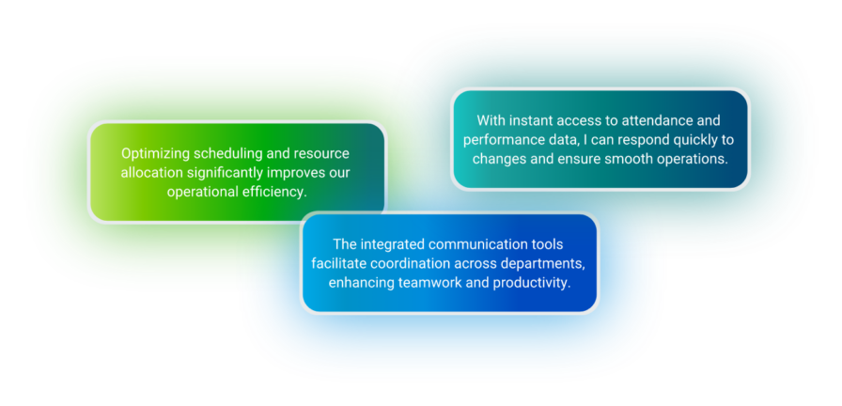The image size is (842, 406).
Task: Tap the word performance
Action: (x=501, y=140)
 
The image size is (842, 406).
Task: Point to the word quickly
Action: (x=687, y=140)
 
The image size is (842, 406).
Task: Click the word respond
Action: (x=636, y=140)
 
